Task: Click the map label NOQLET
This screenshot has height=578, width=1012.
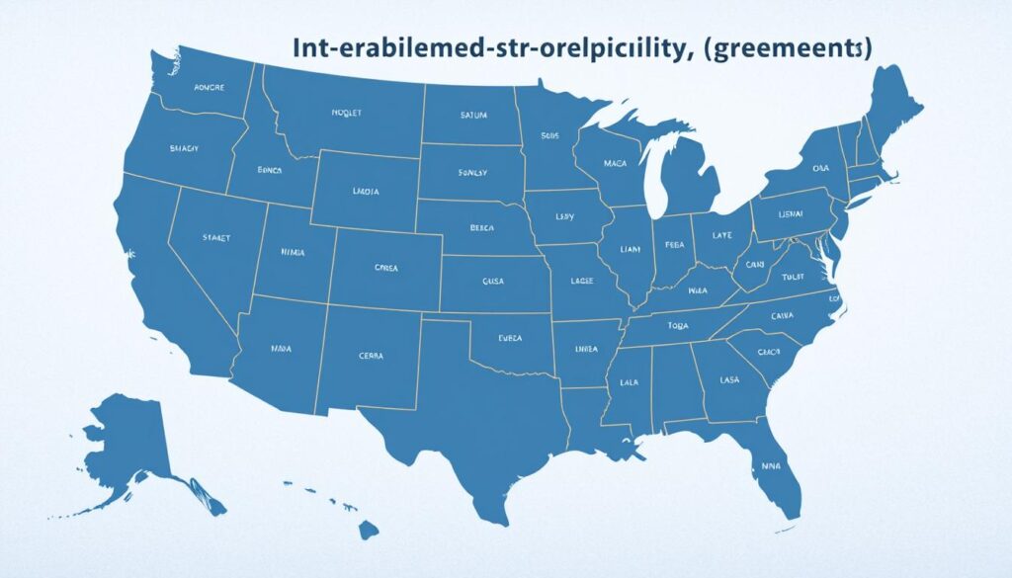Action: tap(347, 114)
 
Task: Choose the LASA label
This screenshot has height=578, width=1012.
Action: tap(729, 378)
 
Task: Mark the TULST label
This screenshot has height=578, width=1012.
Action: tap(793, 278)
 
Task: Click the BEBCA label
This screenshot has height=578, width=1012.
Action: tap(483, 227)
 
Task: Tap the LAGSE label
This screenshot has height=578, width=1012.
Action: tap(583, 282)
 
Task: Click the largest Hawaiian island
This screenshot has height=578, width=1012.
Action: tap(368, 531)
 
